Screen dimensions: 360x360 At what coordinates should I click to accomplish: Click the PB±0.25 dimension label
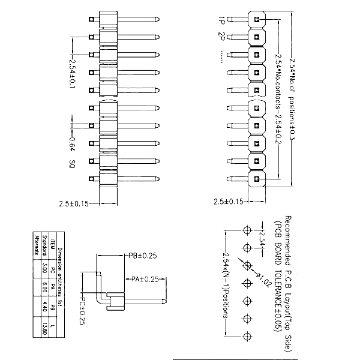pyautogui.click(x=142, y=256)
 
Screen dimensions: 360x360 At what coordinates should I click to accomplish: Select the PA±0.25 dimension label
pyautogui.click(x=145, y=279)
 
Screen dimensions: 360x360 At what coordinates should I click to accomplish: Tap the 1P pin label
pyautogui.click(x=222, y=19)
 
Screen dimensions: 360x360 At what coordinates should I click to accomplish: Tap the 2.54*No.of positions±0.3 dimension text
pyautogui.click(x=292, y=99)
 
